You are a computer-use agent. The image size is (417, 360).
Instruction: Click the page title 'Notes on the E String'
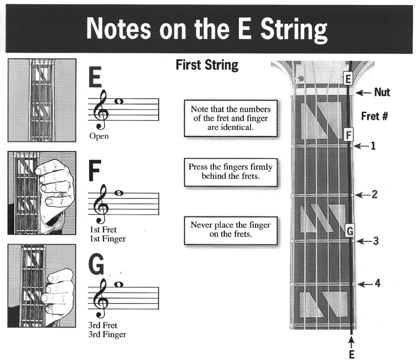pyautogui.click(x=208, y=29)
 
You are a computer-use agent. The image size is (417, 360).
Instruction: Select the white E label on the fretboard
pyautogui.click(x=348, y=79)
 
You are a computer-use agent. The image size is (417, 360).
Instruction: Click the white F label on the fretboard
pyautogui.click(x=348, y=135)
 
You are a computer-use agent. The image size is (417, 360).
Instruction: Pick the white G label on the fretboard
pyautogui.click(x=349, y=231)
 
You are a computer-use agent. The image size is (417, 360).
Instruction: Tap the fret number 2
pyautogui.click(x=374, y=194)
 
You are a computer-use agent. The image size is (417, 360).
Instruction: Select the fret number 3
pyautogui.click(x=375, y=241)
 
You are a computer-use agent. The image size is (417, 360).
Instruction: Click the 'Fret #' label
pyautogui.click(x=374, y=116)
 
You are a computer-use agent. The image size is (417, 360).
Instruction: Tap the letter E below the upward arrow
pyautogui.click(x=352, y=354)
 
